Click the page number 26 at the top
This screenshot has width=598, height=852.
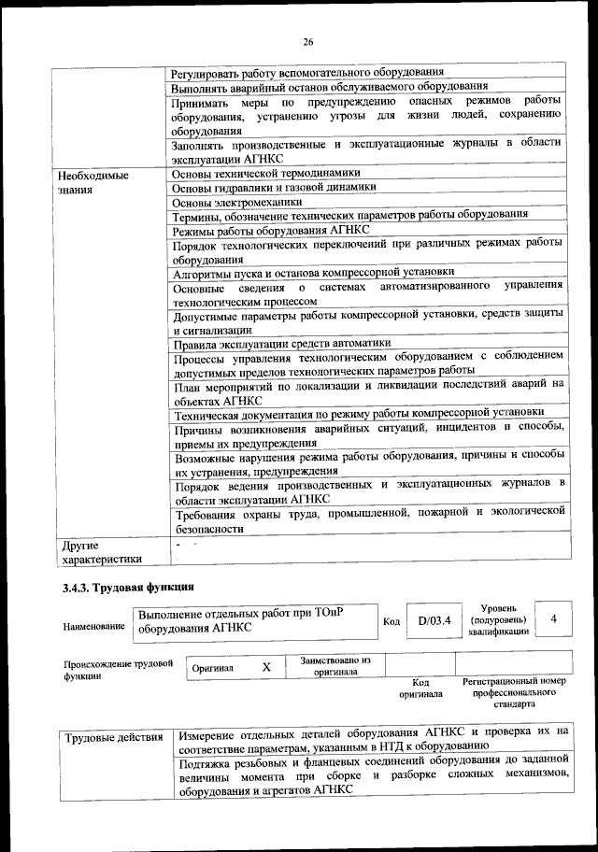[x=306, y=42]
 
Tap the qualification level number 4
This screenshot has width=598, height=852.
[x=554, y=619]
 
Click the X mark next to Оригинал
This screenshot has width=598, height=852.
[x=266, y=667]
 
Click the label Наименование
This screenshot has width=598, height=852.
[x=93, y=626]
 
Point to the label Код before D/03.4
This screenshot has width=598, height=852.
[x=392, y=620]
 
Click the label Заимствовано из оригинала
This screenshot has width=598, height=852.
[x=335, y=666]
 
